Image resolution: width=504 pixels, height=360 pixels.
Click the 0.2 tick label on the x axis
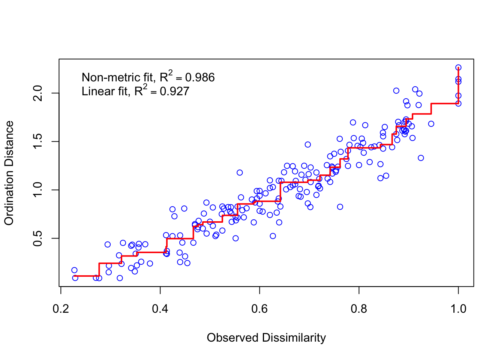(61, 309)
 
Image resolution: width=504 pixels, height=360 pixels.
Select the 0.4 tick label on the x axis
(160, 309)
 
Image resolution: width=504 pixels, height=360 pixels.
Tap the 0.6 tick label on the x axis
(259, 309)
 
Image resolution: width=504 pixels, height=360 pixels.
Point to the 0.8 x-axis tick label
(359, 309)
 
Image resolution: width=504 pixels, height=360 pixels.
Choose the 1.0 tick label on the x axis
(458, 309)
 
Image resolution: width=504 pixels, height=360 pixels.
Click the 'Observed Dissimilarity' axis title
(266, 338)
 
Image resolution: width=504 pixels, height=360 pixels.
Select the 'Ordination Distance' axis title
(9, 173)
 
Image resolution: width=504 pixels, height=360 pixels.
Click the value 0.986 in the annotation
(200, 78)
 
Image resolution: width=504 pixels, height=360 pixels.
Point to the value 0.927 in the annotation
(174, 91)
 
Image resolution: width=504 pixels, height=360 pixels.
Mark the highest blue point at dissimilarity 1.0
(458, 67)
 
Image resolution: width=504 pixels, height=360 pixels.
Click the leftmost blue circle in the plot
(74, 270)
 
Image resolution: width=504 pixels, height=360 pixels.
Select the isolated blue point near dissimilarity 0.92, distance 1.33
(421, 158)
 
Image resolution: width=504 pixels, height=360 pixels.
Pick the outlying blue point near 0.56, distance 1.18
(240, 172)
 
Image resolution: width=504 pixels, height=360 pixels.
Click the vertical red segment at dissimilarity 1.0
(459, 86)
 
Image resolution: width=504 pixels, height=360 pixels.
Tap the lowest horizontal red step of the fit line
(87, 276)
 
